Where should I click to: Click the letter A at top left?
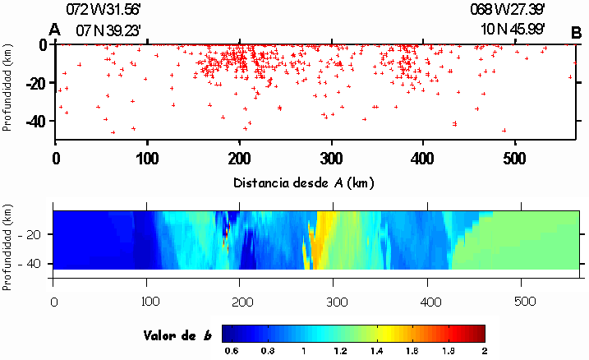[55, 30]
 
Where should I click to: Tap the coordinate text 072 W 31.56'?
[108, 10]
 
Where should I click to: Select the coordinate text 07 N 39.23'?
[108, 30]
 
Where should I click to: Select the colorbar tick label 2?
[484, 351]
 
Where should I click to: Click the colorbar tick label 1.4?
[375, 351]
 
